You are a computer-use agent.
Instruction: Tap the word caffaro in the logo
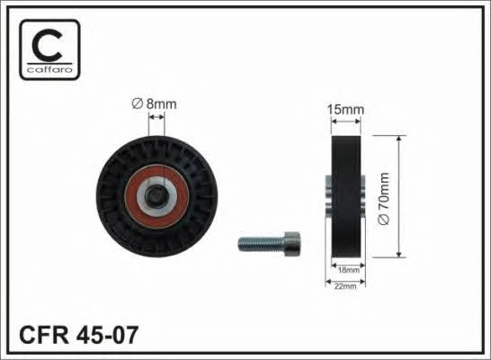[49, 69]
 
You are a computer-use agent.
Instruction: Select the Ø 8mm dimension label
[154, 103]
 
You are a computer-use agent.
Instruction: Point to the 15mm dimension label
[345, 110]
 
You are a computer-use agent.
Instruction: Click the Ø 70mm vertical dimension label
[384, 198]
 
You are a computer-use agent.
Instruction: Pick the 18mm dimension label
[349, 270]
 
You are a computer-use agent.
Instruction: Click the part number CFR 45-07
[78, 335]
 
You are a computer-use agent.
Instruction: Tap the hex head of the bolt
[292, 244]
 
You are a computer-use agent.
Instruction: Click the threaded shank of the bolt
[261, 244]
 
